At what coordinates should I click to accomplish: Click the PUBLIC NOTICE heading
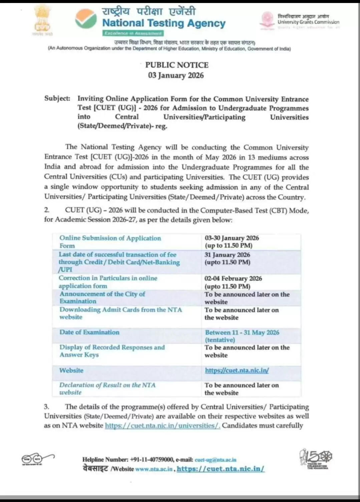click(x=177, y=65)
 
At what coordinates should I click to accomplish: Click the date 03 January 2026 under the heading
click(x=176, y=75)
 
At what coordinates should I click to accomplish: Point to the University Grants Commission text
click(x=308, y=22)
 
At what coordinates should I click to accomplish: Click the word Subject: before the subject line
click(x=57, y=98)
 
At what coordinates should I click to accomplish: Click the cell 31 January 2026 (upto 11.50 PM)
click(x=227, y=258)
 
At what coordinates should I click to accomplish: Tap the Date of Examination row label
click(x=89, y=332)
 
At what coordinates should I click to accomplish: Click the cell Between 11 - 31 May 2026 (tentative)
click(x=242, y=336)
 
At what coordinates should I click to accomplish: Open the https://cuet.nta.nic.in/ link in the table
click(x=237, y=370)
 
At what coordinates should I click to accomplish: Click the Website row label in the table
click(x=71, y=370)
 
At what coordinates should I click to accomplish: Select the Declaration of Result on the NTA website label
click(x=107, y=389)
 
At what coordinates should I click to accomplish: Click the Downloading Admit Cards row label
click(x=120, y=313)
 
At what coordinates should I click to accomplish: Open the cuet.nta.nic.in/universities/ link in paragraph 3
click(x=162, y=426)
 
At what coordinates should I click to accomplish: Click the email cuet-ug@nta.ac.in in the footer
click(x=216, y=460)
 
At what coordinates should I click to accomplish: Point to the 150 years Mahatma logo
click(x=315, y=459)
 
